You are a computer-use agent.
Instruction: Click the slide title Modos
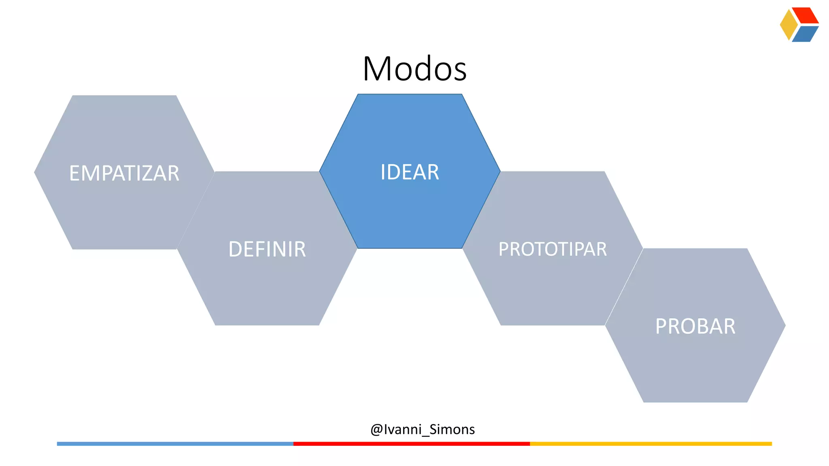point(414,69)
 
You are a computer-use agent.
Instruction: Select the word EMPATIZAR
point(124,174)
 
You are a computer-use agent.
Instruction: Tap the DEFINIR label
point(267,249)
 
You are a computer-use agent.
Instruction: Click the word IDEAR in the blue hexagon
point(410,172)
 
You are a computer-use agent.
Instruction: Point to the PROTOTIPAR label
point(553,249)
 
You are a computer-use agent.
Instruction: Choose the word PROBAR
point(695,326)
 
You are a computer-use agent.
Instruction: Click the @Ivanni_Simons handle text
point(423,429)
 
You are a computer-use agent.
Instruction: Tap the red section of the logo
point(805,15)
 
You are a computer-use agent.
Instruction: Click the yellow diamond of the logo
point(788,25)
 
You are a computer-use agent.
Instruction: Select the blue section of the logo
point(805,34)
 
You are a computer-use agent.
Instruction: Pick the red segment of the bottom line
point(411,444)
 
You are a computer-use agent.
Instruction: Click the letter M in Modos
point(377,69)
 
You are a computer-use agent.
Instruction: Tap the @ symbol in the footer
point(376,430)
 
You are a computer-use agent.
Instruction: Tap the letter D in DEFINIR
point(236,249)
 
